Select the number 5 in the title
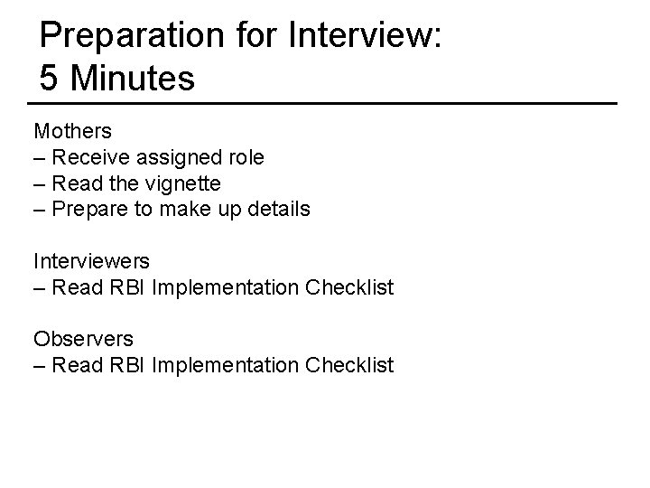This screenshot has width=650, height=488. pyautogui.click(x=51, y=79)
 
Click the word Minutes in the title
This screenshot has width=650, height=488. pyautogui.click(x=132, y=79)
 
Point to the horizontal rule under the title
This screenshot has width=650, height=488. pyautogui.click(x=325, y=103)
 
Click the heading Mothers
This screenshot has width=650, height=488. pyautogui.click(x=73, y=131)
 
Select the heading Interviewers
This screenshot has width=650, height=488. pyautogui.click(x=92, y=261)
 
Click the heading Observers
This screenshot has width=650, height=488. pyautogui.click(x=83, y=339)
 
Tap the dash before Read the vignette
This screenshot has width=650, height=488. pyautogui.click(x=40, y=183)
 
